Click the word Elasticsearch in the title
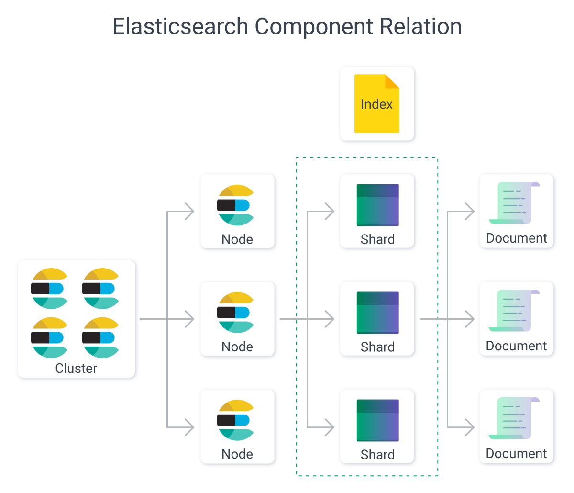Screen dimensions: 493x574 (x=180, y=26)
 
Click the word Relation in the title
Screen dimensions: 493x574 (x=421, y=26)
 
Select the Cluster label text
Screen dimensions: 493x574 (x=76, y=368)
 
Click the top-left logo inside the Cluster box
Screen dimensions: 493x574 (x=50, y=289)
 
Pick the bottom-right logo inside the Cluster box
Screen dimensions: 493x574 (x=101, y=337)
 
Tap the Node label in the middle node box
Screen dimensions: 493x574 (x=237, y=347)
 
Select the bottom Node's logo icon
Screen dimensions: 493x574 (x=235, y=420)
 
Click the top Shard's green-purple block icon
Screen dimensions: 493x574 (x=377, y=205)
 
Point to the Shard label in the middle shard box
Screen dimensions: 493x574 (x=377, y=347)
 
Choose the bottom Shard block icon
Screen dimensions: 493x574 (x=377, y=420)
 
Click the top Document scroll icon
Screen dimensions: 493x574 (x=515, y=203)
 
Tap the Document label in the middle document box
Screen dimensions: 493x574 (x=516, y=346)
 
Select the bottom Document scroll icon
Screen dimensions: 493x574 (x=515, y=418)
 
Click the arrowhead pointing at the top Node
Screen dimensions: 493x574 (x=190, y=211)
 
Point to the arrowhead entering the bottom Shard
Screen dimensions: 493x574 (x=330, y=427)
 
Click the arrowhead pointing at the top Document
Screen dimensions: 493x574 (x=470, y=211)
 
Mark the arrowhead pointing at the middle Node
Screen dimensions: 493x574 (x=190, y=319)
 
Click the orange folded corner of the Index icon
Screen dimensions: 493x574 (x=392, y=81)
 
